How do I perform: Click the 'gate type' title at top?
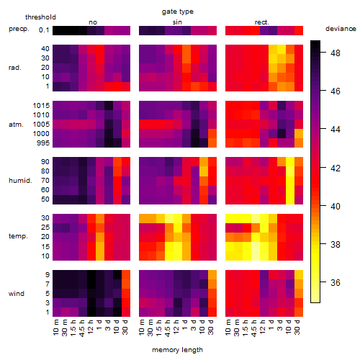coord(178,12)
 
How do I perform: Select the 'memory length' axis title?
coord(177,350)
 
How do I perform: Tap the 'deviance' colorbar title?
coord(341,29)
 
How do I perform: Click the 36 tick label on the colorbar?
coord(336,282)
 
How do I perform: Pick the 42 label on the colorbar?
coord(336,168)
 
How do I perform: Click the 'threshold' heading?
coord(40,17)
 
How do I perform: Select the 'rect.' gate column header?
coord(261,22)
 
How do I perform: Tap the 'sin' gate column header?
coord(177,22)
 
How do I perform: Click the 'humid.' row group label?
coord(20,181)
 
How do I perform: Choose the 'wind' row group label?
coord(17,294)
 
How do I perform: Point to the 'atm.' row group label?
coord(16,125)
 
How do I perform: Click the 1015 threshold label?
coord(41,106)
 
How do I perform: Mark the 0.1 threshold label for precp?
coord(44,30)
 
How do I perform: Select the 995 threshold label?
coord(43,143)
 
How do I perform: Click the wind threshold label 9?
coord(48,274)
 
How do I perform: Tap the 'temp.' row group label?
coord(18,236)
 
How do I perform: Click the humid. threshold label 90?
coord(45,162)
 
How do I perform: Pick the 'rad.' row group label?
coord(15,68)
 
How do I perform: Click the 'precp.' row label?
coord(19,29)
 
